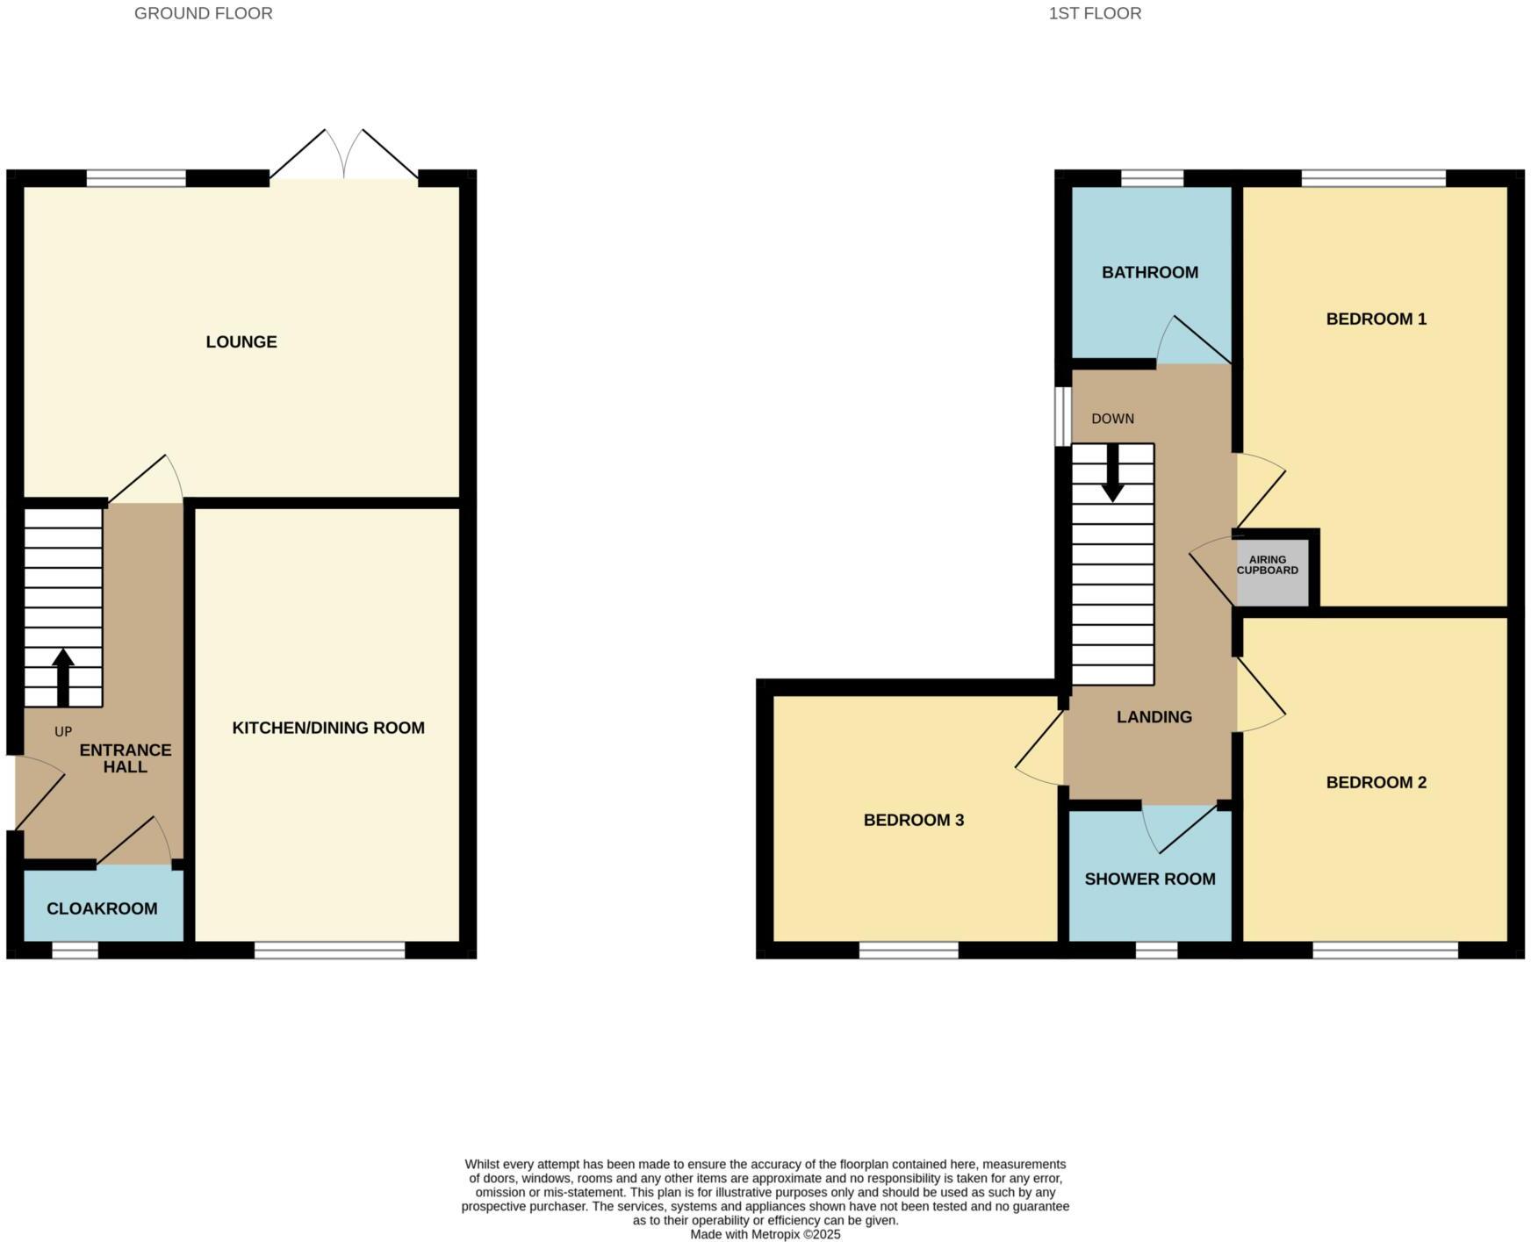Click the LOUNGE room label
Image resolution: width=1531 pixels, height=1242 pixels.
[x=241, y=342]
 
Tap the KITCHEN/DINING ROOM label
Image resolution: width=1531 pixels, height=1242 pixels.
[x=328, y=728]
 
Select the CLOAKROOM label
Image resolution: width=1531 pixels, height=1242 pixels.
[x=102, y=908]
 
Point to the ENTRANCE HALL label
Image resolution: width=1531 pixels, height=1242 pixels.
[x=126, y=758]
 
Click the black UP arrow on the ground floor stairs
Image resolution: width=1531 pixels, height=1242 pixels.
[x=63, y=676]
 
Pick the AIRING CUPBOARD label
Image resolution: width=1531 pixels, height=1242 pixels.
[x=1268, y=565]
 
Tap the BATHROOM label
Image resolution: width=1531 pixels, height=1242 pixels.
[x=1150, y=272]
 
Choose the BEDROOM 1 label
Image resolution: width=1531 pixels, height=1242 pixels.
[x=1376, y=319]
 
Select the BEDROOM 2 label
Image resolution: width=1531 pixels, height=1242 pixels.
[x=1376, y=782]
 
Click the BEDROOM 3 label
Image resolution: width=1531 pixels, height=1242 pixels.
[x=914, y=820]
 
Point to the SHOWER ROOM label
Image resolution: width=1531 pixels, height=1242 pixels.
[x=1150, y=879]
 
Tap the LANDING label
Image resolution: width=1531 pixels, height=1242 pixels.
[x=1154, y=717]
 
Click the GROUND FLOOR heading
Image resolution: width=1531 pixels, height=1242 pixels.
[x=203, y=13]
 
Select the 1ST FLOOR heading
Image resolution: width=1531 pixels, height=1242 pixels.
[x=1095, y=13]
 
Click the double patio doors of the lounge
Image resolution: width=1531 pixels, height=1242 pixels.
[x=343, y=158]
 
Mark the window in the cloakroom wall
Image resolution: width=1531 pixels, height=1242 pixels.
[x=75, y=950]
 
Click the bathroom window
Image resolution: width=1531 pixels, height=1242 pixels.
[x=1152, y=178]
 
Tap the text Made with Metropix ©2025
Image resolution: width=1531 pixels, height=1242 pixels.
[x=765, y=1234]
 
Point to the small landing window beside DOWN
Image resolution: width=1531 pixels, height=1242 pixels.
[x=1063, y=415]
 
